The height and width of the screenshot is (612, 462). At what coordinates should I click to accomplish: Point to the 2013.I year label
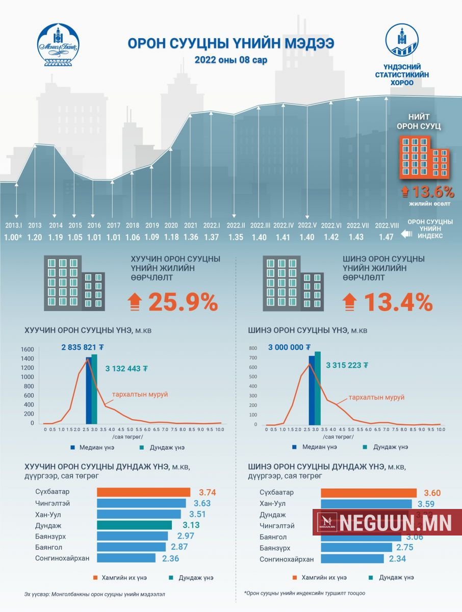(14, 225)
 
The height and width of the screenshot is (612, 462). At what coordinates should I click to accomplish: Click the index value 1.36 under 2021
(191, 237)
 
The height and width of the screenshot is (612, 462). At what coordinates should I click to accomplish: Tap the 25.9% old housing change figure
(183, 303)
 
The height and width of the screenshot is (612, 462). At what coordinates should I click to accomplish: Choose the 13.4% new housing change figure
(398, 303)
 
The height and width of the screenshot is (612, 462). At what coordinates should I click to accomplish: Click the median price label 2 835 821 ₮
(83, 347)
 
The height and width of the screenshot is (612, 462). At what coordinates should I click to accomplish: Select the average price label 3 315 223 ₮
(347, 365)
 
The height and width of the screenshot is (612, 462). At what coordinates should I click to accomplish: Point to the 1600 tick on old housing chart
(28, 349)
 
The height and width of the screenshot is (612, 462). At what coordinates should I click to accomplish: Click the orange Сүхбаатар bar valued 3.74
(143, 492)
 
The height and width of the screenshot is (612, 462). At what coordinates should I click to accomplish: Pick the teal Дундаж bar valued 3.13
(134, 525)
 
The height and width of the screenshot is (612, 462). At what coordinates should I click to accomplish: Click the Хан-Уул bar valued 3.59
(366, 504)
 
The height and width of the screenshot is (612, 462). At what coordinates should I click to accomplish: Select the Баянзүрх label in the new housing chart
(275, 548)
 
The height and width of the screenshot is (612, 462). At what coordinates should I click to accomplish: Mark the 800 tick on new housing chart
(252, 348)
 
